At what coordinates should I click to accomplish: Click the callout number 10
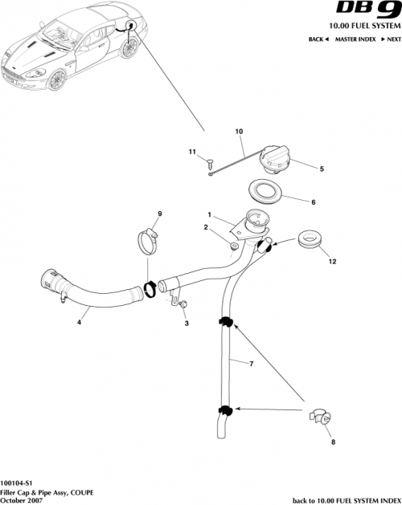(238, 131)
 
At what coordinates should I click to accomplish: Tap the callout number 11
(192, 151)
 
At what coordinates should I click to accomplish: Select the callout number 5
(322, 169)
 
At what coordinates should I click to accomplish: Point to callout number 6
(313, 202)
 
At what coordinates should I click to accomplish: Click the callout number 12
(330, 261)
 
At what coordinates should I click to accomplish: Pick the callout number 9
(159, 213)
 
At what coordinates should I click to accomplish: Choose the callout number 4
(79, 324)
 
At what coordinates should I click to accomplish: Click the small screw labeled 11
(210, 163)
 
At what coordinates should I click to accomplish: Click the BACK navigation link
(318, 39)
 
